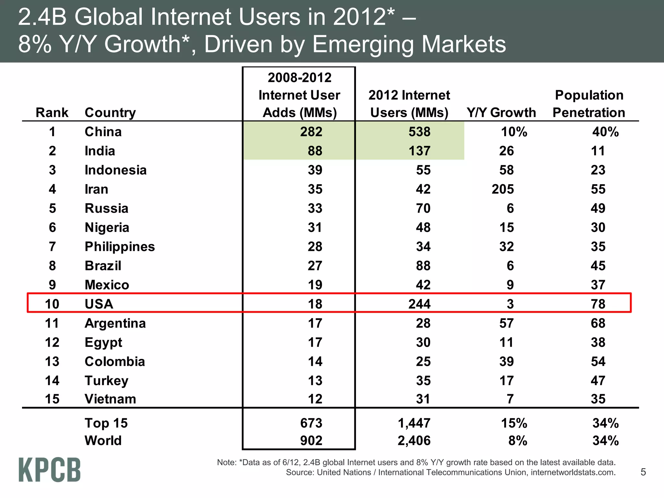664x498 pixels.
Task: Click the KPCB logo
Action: (x=49, y=469)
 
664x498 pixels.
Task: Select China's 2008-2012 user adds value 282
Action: (x=311, y=132)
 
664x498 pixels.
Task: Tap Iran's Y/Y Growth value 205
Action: (x=503, y=189)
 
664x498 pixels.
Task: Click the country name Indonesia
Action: (x=115, y=170)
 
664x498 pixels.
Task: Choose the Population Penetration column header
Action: (x=589, y=104)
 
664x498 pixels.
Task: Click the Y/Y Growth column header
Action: (x=501, y=113)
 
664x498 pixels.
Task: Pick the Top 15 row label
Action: (x=106, y=423)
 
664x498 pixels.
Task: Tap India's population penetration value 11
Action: (x=598, y=151)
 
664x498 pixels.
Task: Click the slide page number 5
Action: (x=643, y=472)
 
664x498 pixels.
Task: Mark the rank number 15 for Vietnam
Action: (x=52, y=399)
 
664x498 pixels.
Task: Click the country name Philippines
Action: (x=120, y=247)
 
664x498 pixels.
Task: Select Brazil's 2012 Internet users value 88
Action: (x=423, y=266)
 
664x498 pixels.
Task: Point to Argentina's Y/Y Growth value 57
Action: (x=506, y=323)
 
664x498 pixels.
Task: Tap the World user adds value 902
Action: (x=311, y=441)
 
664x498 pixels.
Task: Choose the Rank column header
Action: (x=52, y=113)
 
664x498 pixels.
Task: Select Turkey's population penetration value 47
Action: (x=598, y=381)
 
